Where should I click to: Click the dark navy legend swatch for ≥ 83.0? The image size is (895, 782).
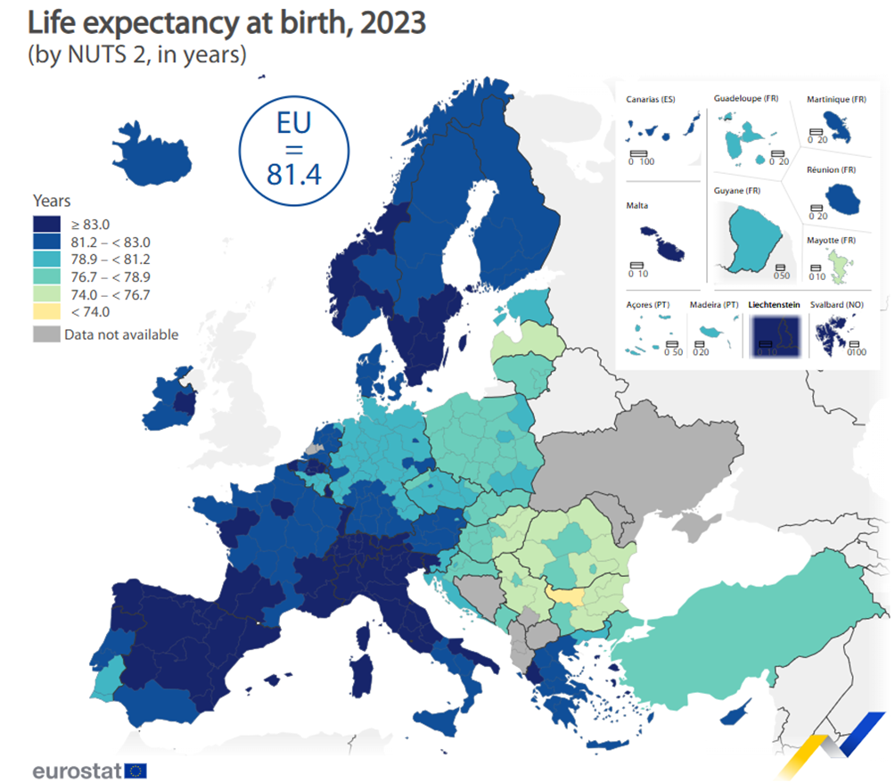click(x=45, y=225)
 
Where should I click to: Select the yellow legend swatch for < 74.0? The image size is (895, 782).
click(x=45, y=311)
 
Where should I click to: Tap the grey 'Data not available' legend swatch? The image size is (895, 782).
click(x=45, y=334)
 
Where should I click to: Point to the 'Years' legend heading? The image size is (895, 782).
click(x=52, y=201)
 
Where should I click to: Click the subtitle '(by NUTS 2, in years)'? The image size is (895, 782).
click(x=137, y=55)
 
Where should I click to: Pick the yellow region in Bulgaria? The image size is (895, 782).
click(x=567, y=595)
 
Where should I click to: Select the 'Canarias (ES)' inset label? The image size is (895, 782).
click(x=651, y=99)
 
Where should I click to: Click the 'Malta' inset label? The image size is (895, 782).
click(x=637, y=205)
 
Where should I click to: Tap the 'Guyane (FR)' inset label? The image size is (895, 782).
click(x=736, y=191)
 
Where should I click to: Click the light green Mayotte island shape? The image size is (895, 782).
click(x=838, y=266)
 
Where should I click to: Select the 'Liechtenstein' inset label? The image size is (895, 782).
click(x=774, y=305)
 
